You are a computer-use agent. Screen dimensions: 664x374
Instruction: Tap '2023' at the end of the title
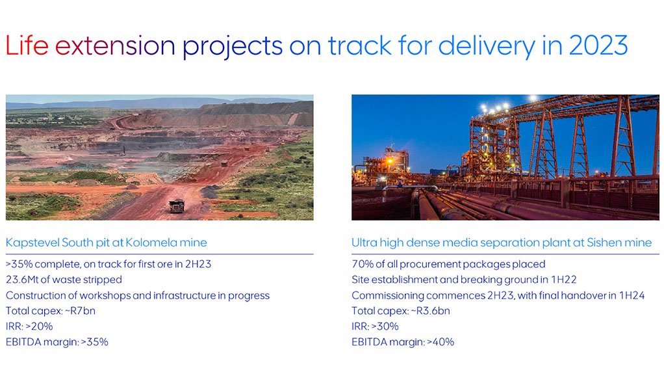click(598, 46)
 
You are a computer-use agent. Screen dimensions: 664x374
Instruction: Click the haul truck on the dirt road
click(177, 206)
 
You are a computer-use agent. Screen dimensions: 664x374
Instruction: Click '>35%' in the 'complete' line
click(19, 264)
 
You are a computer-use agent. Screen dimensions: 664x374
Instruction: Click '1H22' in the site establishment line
click(564, 280)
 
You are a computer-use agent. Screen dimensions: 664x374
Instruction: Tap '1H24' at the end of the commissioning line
click(632, 295)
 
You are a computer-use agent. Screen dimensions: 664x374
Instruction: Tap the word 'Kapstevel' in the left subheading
click(32, 243)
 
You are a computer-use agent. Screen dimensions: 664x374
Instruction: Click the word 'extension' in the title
click(115, 46)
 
